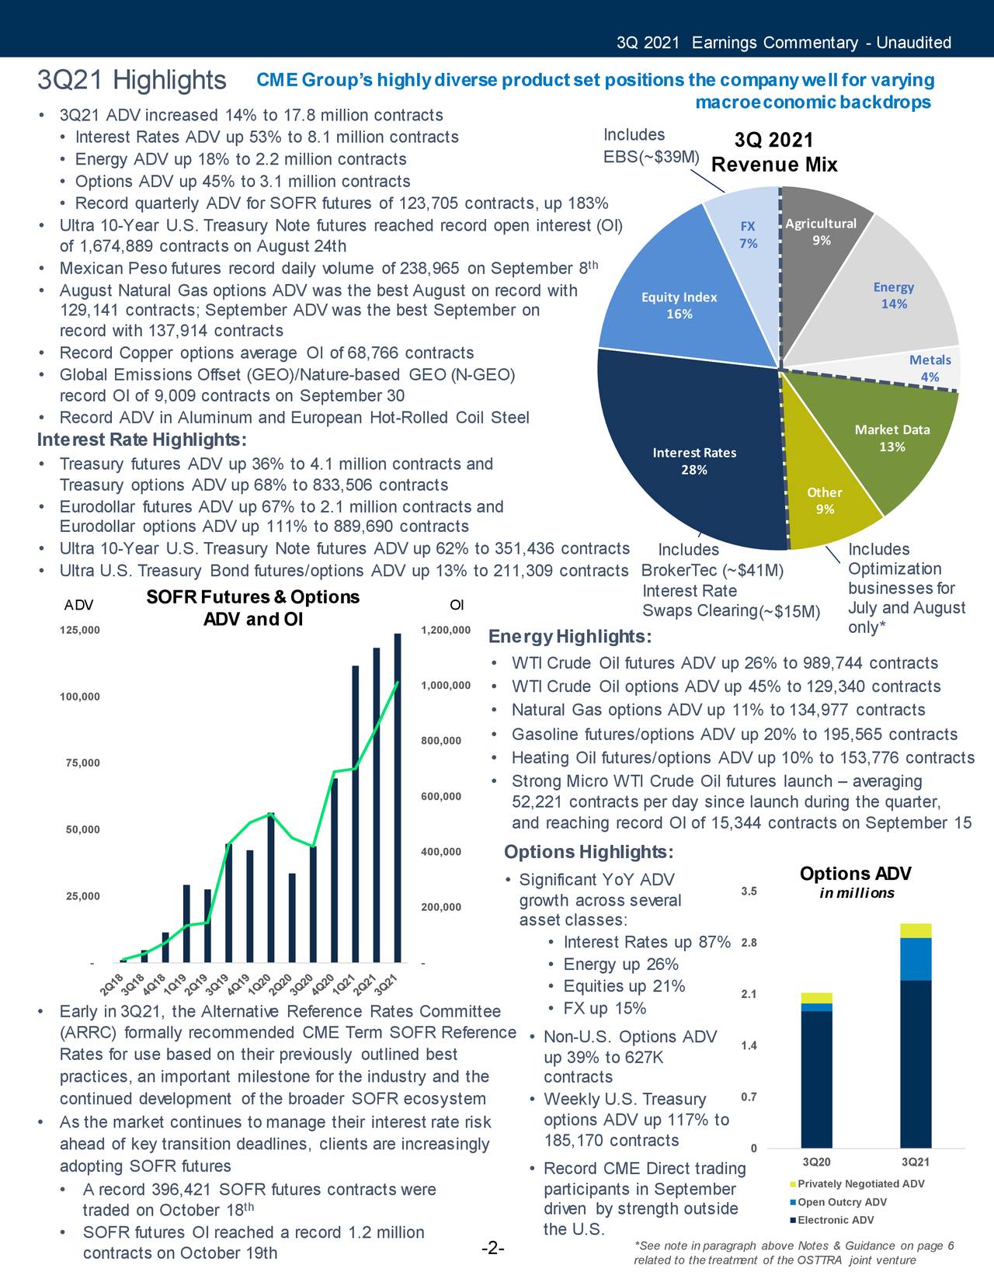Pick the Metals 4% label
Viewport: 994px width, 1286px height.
(x=930, y=368)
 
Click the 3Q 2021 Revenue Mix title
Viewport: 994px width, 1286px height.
(x=774, y=152)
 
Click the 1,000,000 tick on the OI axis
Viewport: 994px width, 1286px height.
(x=446, y=686)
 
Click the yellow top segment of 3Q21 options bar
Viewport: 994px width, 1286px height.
(x=916, y=930)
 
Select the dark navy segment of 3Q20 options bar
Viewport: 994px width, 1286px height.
(x=816, y=1079)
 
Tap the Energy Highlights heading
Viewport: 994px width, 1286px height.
(x=570, y=638)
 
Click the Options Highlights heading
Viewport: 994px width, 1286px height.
(x=589, y=853)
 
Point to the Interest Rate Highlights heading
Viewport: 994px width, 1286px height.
(x=142, y=440)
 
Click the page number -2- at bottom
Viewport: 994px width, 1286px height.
(x=493, y=1249)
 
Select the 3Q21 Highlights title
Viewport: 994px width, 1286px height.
(x=132, y=80)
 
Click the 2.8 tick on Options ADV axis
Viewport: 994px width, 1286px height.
(x=749, y=943)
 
